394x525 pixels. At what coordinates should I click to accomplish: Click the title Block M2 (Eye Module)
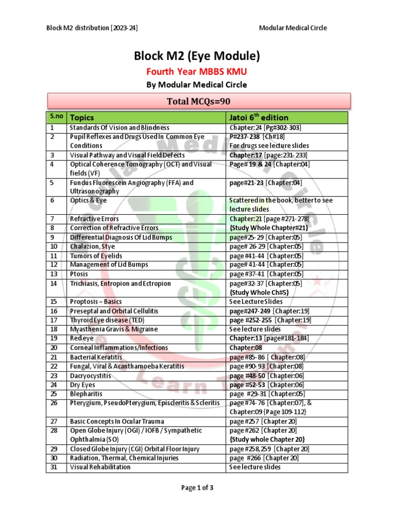(x=197, y=55)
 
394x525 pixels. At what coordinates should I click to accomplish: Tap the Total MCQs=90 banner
(x=199, y=101)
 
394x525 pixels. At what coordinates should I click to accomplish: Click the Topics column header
(x=82, y=117)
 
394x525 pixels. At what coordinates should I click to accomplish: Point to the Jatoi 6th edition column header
(x=259, y=117)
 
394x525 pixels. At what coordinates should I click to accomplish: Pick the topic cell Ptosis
(x=79, y=274)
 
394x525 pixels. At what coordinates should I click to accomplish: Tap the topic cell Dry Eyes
(x=83, y=385)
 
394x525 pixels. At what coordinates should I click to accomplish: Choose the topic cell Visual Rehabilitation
(x=100, y=467)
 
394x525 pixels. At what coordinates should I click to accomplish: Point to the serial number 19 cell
(x=53, y=338)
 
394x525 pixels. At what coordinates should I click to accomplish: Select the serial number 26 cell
(x=53, y=403)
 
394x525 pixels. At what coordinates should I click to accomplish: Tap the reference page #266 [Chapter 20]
(x=263, y=458)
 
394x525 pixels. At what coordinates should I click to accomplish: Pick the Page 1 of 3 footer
(x=197, y=488)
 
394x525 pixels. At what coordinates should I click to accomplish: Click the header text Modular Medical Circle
(x=293, y=28)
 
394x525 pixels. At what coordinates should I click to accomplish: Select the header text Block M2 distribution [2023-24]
(x=92, y=28)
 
